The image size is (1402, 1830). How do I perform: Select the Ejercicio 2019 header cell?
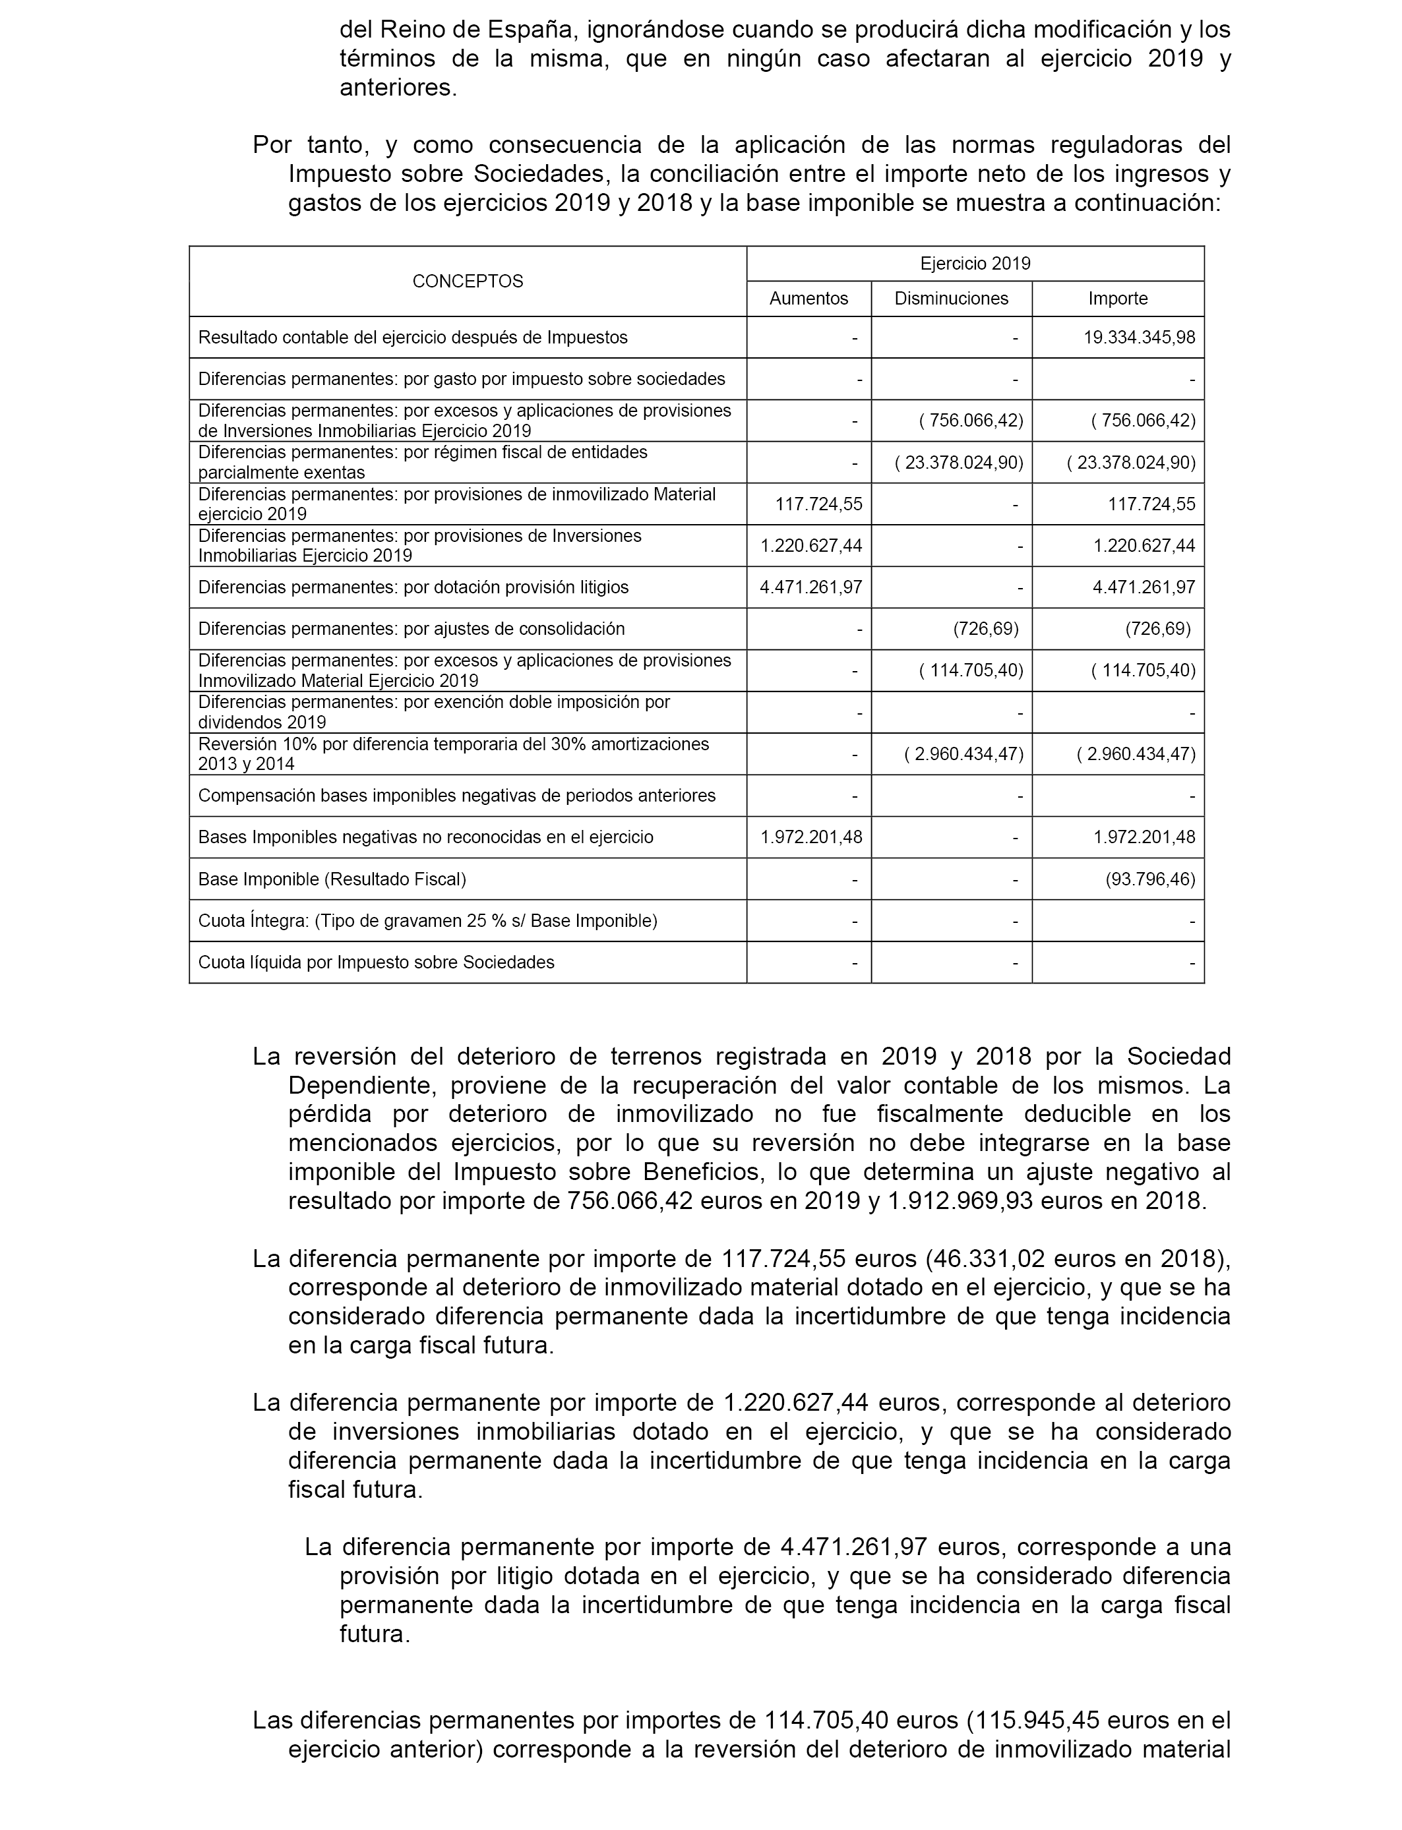(975, 264)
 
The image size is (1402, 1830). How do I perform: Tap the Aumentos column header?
(808, 299)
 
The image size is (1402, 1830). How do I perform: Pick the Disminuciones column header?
(952, 299)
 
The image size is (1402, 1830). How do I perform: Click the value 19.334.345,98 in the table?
(1139, 338)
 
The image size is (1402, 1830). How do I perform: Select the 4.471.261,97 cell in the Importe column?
(1143, 587)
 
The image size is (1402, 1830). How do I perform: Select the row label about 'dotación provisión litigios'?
(413, 587)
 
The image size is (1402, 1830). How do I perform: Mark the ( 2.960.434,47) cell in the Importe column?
(1136, 754)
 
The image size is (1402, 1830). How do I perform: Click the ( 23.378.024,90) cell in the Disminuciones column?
(959, 462)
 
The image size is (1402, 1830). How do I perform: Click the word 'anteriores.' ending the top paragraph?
(398, 88)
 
